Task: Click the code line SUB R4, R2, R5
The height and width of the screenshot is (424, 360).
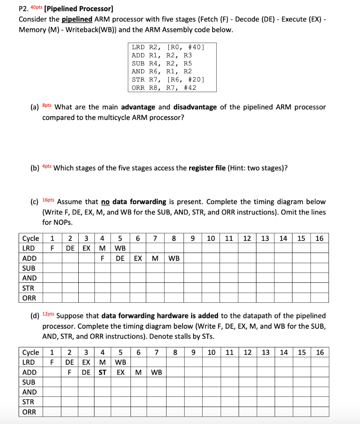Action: (162, 63)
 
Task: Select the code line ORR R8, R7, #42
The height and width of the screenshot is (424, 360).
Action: (164, 87)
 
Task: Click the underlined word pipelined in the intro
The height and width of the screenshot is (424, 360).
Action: (77, 19)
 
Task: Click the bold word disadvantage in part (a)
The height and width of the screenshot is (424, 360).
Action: (195, 107)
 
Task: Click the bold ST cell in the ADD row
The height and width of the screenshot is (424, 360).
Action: (102, 372)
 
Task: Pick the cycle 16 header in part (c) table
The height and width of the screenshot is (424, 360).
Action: (319, 238)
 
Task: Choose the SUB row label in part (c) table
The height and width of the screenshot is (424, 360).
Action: (29, 268)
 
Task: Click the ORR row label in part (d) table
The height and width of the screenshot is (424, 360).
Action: (29, 412)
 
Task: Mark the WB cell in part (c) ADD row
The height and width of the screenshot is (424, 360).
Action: (174, 258)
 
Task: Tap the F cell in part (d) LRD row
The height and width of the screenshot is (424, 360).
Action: (52, 362)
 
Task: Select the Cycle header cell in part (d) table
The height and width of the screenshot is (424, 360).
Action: (31, 352)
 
